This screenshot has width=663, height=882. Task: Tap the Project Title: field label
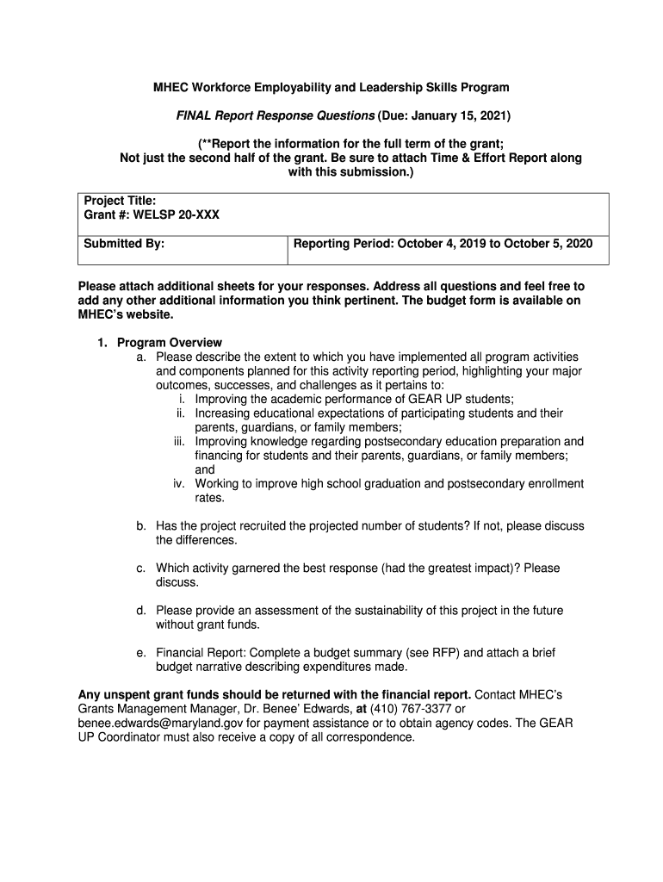120,201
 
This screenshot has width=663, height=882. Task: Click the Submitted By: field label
124,244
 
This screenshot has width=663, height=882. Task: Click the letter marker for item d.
140,611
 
